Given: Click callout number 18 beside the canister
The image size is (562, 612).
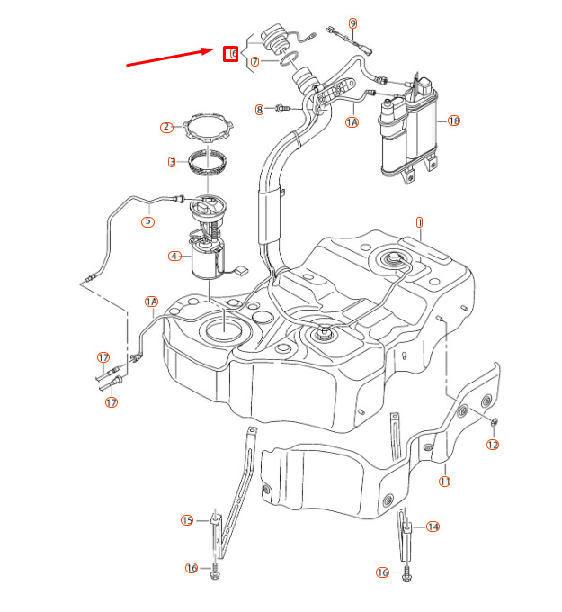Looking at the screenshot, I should point(453,121).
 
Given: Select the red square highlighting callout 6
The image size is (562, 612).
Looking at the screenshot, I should point(231,54).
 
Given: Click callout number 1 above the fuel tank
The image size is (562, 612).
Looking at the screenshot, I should point(419,221).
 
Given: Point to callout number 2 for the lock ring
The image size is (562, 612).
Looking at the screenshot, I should point(165,128).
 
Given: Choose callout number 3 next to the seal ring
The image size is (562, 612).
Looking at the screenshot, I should point(171,163).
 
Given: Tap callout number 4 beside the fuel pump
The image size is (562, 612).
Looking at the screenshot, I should point(174,256).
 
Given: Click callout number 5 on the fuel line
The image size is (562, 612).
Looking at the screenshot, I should point(147,220).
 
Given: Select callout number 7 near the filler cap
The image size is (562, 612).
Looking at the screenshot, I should point(254,62).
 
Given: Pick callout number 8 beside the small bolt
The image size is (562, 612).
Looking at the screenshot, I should point(260,110).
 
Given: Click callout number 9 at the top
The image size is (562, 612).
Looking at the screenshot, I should point(352,22).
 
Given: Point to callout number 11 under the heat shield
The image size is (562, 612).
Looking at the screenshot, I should point(444,481).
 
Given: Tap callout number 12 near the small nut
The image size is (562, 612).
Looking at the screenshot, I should point(493,445).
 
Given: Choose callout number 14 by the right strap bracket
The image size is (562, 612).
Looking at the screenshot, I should point(433,526).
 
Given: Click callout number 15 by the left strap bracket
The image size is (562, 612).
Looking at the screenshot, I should point(187,520).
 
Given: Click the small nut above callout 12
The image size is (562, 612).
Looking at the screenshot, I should point(493,423).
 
